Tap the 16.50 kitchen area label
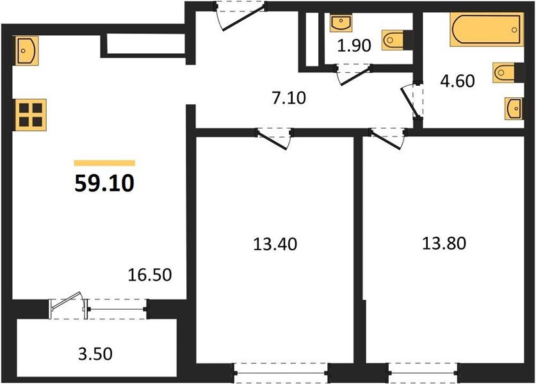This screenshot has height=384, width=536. (x=150, y=276)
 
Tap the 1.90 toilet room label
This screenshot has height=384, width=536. (x=354, y=46)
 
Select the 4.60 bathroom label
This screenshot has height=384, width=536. (x=457, y=81)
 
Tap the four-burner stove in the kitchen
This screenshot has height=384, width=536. (x=30, y=114)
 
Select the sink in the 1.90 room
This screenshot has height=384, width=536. (x=339, y=24)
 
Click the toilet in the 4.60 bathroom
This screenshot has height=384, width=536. (x=503, y=72)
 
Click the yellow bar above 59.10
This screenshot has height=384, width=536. (x=104, y=163)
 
